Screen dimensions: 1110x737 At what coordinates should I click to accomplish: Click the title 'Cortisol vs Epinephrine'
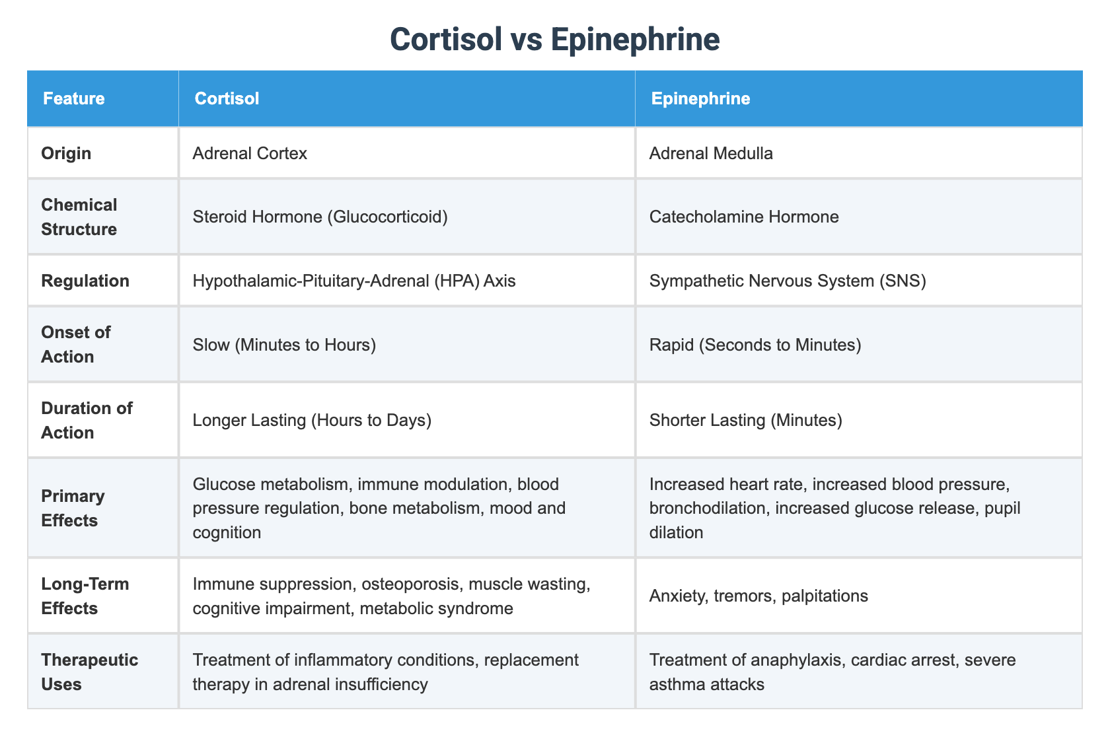click(x=554, y=40)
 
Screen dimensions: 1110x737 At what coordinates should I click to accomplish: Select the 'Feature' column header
click(x=73, y=98)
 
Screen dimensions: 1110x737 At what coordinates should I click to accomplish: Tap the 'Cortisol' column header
click(x=227, y=98)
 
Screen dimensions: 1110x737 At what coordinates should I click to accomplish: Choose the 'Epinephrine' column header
click(x=700, y=98)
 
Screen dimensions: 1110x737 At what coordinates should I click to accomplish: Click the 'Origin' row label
click(x=66, y=153)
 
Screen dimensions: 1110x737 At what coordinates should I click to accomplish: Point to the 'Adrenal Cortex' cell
click(x=250, y=153)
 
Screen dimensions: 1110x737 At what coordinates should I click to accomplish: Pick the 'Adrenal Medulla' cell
click(x=711, y=153)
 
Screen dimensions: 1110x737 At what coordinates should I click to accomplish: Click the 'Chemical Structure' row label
click(x=79, y=217)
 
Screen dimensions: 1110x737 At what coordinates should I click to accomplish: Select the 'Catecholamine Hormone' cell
click(x=744, y=217)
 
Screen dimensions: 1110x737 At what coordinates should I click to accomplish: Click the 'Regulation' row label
click(x=85, y=281)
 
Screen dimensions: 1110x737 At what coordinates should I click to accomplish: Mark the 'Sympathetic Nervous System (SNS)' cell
click(x=788, y=281)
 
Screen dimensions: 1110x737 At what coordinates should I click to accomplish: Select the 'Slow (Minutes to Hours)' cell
click(x=284, y=344)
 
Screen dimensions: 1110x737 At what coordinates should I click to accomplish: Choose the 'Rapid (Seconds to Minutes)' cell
click(x=755, y=344)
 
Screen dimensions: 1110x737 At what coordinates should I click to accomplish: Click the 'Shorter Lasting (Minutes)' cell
click(x=745, y=420)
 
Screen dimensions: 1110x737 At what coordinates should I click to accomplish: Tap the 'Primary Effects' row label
click(x=73, y=508)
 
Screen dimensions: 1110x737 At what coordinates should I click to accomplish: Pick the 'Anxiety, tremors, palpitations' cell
click(x=758, y=596)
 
